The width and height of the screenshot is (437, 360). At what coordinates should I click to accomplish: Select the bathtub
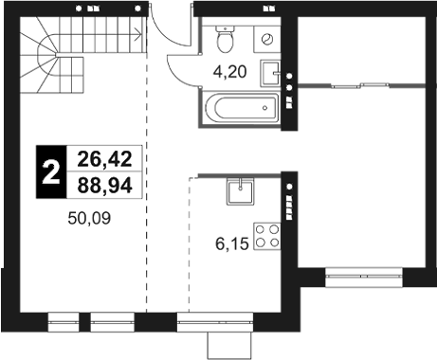tap(243, 107)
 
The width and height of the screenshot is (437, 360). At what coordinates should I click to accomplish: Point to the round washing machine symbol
tap(268, 40)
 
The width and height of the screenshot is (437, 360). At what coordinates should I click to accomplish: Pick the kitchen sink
tap(241, 192)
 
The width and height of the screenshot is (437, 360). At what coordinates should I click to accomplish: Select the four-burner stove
tap(268, 233)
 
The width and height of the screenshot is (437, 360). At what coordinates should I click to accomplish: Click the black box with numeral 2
tap(50, 171)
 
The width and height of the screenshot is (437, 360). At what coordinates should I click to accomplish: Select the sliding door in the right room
tap(360, 86)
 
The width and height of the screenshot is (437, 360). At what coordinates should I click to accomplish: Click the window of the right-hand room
tap(360, 278)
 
